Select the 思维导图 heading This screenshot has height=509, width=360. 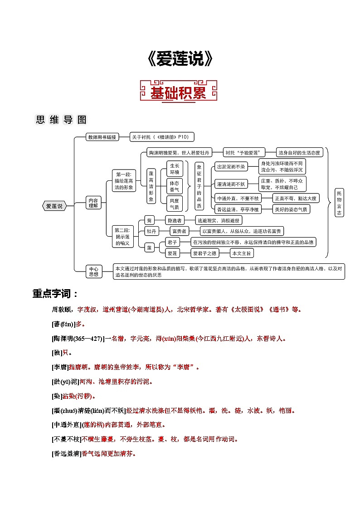point(61,120)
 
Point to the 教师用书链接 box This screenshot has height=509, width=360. point(102,137)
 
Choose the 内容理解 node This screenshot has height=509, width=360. point(93,203)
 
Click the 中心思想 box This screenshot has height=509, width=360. point(94,271)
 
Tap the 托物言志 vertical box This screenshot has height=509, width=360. point(340,203)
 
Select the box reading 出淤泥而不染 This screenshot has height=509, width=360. point(231,167)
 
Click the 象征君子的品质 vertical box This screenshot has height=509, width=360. point(199,186)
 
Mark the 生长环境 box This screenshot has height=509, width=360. point(175,169)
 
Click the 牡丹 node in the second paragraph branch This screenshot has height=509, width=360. point(151,231)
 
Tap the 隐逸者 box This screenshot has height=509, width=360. point(175,220)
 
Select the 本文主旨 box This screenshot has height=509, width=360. point(241,253)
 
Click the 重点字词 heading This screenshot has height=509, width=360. point(55,294)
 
